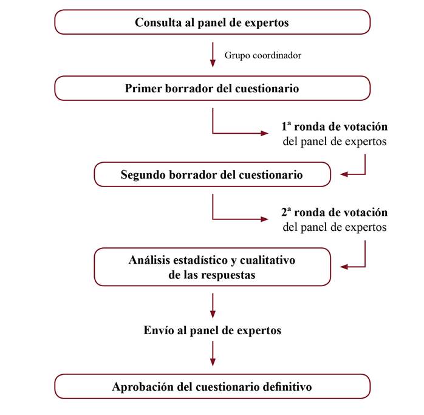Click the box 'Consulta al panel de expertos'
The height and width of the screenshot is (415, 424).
(x=212, y=23)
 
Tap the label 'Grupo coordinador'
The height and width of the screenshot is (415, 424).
(x=263, y=55)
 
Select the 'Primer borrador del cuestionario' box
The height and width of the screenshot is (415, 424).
(x=212, y=88)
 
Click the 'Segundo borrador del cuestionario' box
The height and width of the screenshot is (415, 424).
(x=212, y=175)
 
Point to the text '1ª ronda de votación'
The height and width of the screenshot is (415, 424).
(x=334, y=127)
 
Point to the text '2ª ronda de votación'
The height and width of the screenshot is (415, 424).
(x=334, y=213)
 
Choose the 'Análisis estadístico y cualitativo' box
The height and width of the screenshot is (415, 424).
(x=212, y=267)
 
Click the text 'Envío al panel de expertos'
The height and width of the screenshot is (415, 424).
(x=212, y=331)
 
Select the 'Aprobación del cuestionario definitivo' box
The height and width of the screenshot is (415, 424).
(x=212, y=386)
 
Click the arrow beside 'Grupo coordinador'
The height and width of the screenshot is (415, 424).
(x=213, y=55)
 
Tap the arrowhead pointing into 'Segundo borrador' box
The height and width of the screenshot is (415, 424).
(x=344, y=175)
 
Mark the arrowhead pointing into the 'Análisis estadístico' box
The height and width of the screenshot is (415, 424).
(x=344, y=267)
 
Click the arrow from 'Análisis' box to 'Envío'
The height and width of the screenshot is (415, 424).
(x=213, y=305)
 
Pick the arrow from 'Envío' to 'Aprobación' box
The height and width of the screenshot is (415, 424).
(x=213, y=354)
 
